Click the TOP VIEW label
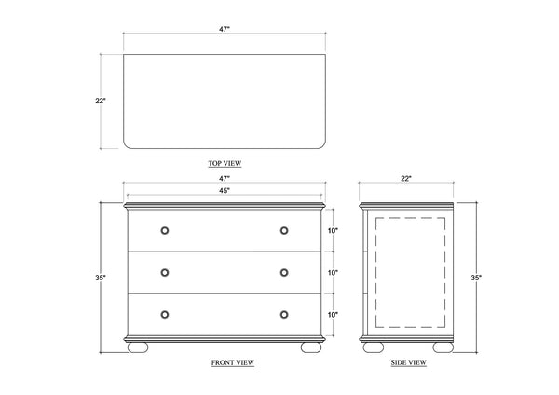tap(225, 163)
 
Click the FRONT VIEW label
tap(233, 362)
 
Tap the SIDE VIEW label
tap(409, 362)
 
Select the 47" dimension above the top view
tap(225, 29)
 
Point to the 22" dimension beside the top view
tap(101, 101)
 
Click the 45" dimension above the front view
tap(225, 191)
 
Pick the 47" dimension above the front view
tap(225, 178)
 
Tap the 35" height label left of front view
tap(101, 278)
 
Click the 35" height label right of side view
tap(476, 278)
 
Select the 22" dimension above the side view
tap(406, 178)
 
